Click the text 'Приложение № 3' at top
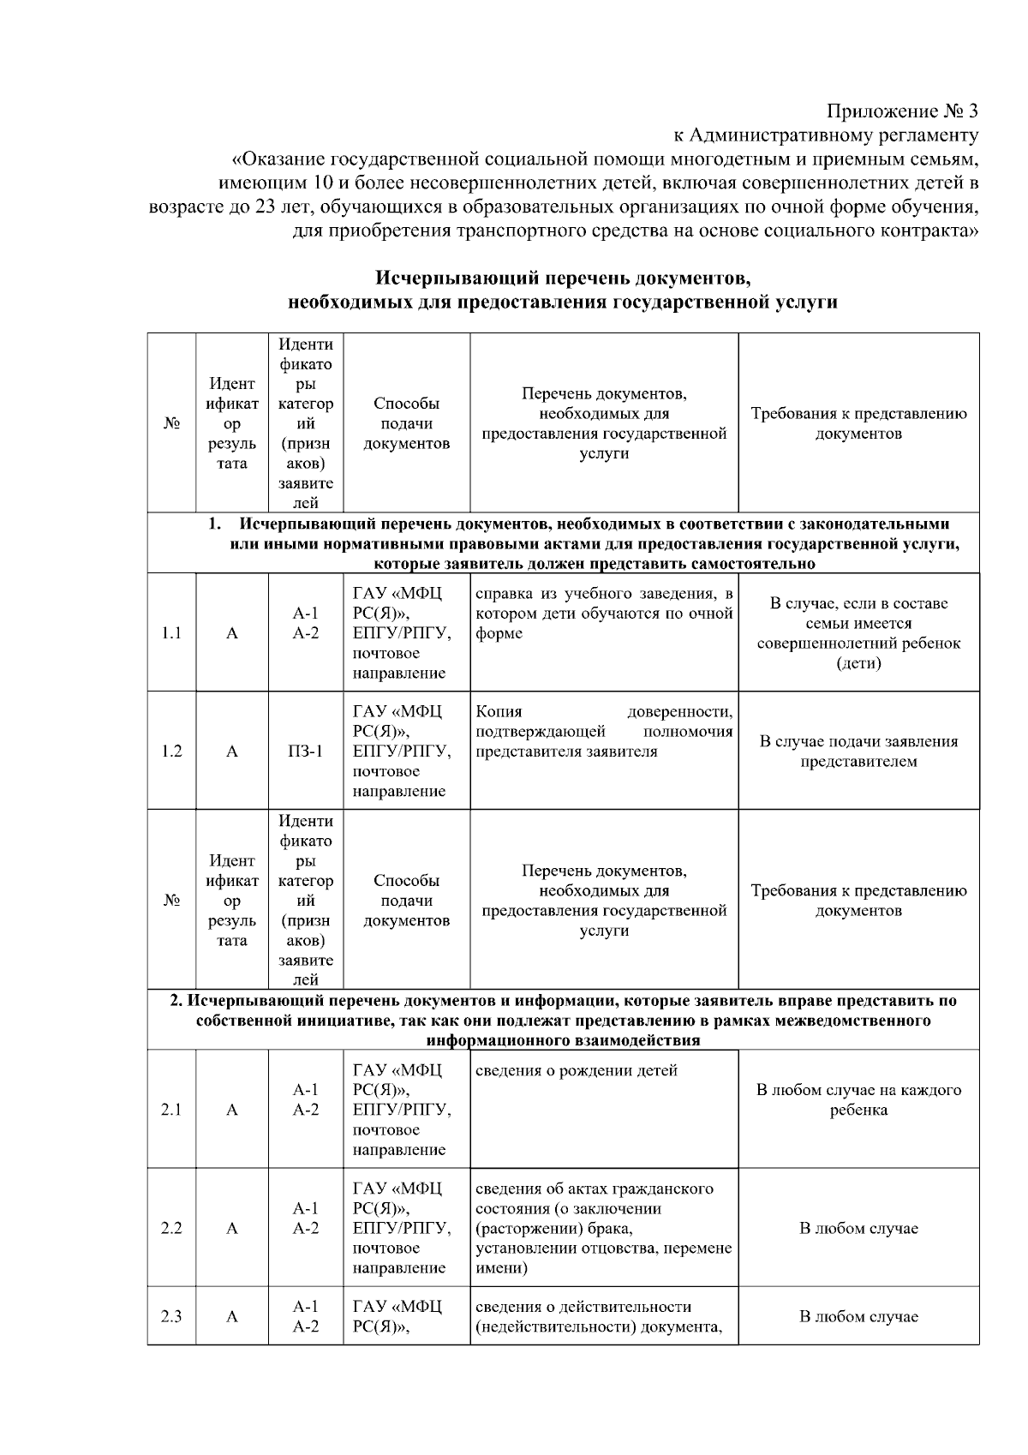point(901,111)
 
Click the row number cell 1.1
point(171,633)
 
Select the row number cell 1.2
point(171,751)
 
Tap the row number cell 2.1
point(171,1110)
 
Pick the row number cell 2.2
point(171,1228)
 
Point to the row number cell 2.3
point(171,1316)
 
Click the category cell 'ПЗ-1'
point(306,751)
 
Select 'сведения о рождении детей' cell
point(577,1070)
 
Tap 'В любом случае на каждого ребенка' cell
point(858,1100)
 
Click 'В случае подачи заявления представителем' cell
point(858,751)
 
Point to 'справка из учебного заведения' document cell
point(604,614)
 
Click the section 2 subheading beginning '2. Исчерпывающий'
point(563,1020)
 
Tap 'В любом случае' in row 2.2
point(858,1228)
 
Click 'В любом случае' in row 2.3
point(858,1316)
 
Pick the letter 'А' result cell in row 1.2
point(232,751)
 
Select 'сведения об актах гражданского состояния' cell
point(604,1227)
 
